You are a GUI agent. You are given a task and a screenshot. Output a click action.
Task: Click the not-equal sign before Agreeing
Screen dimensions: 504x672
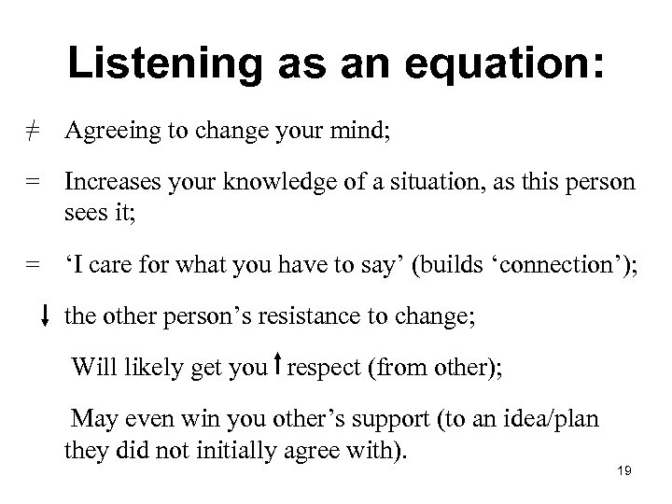click(32, 132)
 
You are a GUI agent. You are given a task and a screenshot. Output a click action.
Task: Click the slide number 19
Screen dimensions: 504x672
click(624, 471)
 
